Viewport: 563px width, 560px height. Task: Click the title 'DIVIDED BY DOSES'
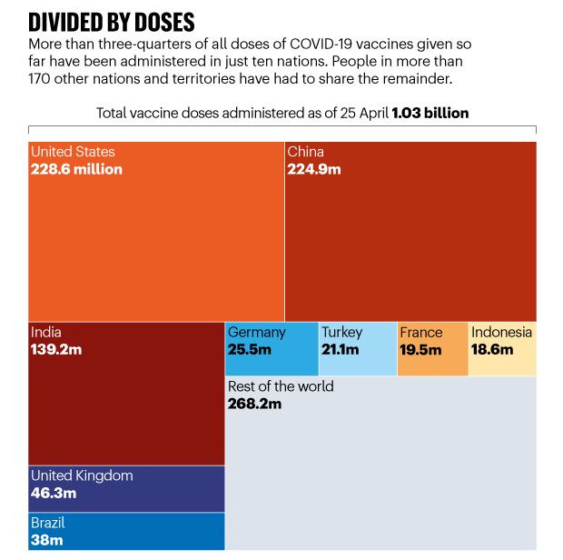[112, 21]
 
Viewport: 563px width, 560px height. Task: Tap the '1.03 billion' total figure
[430, 113]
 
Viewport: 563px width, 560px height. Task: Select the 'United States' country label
[73, 152]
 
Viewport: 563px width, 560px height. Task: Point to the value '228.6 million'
[76, 169]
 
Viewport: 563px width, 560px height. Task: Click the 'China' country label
[305, 152]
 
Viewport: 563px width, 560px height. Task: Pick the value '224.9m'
[314, 169]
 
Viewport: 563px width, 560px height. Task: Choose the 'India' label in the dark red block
[46, 332]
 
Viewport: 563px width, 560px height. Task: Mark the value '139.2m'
[56, 349]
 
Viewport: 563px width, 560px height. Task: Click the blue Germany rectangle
[272, 362]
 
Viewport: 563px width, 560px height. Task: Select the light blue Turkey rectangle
[358, 364]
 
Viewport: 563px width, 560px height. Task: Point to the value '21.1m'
[341, 349]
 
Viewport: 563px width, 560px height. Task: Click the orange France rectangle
[432, 364]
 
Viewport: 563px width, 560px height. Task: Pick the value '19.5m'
[420, 349]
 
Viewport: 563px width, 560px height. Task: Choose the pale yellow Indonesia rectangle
[502, 364]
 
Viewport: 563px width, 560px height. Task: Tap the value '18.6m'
[492, 349]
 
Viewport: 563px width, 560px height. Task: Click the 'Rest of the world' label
[281, 386]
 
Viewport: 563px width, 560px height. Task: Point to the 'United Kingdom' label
[82, 475]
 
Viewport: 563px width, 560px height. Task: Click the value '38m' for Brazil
[47, 540]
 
